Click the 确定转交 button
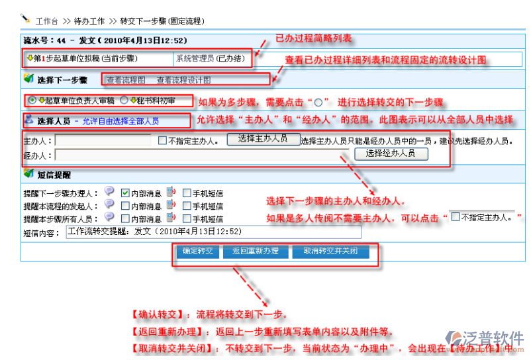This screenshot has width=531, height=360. pos(197,251)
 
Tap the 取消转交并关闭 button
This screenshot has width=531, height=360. pos(330,251)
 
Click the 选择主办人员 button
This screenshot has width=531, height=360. pos(263,138)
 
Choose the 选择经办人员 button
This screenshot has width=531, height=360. pos(391,153)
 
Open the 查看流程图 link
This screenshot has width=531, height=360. pos(126,80)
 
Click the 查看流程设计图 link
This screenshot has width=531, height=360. pos(183,80)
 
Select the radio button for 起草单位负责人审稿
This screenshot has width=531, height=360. pos(32,101)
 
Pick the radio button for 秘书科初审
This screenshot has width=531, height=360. pos(123,101)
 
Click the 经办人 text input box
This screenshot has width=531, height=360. pos(199,155)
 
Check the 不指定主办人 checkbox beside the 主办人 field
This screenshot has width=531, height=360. pos(163,140)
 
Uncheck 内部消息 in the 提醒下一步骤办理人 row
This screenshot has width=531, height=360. pos(125,193)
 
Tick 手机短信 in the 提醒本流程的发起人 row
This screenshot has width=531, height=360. pos(186,206)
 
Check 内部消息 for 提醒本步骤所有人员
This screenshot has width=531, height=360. pos(125,218)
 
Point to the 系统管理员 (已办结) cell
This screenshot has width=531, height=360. pos(210,59)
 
